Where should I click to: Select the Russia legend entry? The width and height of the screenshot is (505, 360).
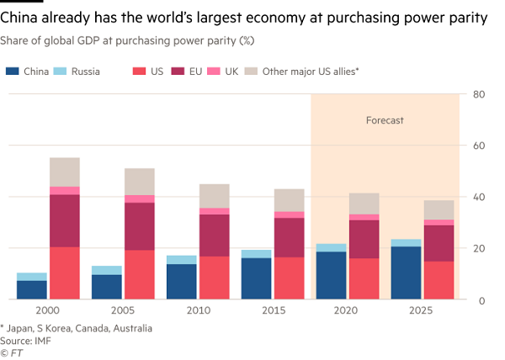[84, 71]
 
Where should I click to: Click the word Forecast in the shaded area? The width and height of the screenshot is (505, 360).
[385, 121]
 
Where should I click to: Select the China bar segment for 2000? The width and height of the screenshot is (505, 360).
[31, 289]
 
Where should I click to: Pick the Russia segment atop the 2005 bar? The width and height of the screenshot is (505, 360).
[107, 270]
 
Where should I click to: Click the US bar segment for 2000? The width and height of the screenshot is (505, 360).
[64, 273]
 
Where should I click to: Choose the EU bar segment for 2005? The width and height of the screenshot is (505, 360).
[140, 226]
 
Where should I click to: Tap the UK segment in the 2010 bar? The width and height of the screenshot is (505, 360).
[215, 211]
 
